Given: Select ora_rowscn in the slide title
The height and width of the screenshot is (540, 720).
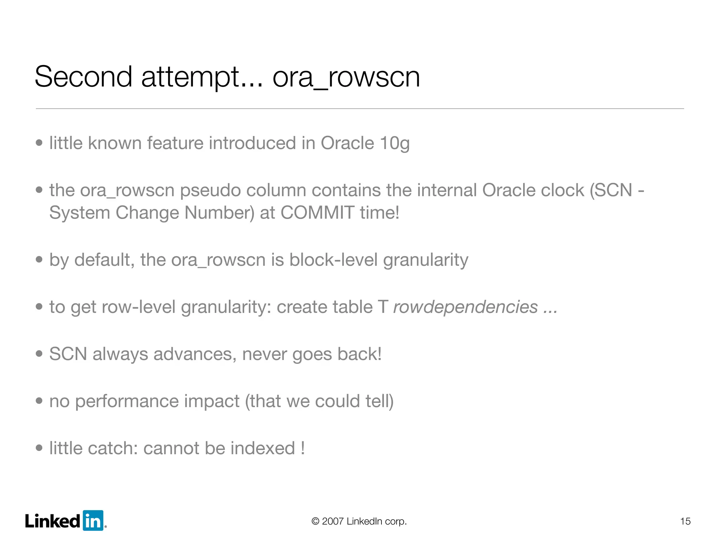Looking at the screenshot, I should pos(346,77).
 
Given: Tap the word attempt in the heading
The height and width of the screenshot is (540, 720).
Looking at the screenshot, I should pos(190,77).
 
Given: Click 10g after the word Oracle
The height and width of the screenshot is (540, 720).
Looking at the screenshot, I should pos(394,143).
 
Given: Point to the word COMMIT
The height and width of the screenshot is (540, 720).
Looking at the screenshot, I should pos(317,213).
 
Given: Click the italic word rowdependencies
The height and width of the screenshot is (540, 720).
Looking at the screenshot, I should pos(465,307).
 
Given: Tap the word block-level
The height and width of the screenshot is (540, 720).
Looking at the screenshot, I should pos(333,260).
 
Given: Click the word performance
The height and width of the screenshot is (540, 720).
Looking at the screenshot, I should pos(157,401).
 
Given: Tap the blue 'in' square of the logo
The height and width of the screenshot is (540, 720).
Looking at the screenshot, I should pos(93,520).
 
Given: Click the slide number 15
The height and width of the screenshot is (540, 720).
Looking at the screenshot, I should pos(685,521).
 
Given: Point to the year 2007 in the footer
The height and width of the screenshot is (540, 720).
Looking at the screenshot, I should pos(333,521).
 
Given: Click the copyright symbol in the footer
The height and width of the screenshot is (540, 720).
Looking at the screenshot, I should pos(315,521).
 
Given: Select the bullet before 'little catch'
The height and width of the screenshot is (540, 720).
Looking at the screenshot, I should pos(39,448).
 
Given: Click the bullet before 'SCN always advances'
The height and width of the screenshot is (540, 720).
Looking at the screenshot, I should pos(39,354).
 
